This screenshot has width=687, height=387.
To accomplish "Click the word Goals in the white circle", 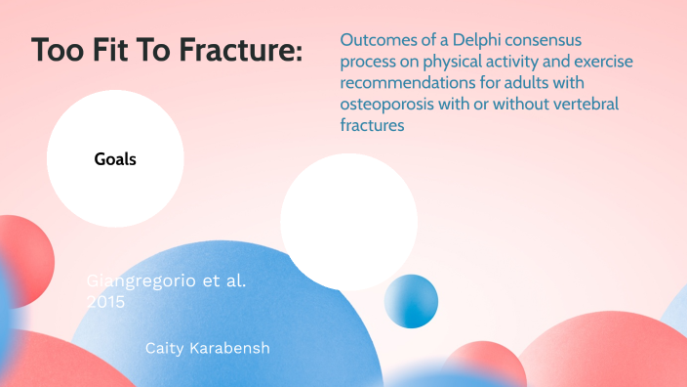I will (115, 159).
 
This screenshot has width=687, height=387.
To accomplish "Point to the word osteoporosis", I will (387, 105).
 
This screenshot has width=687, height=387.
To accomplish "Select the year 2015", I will (106, 303).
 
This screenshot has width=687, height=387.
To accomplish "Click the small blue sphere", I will (411, 301).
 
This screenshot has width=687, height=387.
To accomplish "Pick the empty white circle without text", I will (348, 221).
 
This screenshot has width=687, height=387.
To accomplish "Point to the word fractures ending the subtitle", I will (372, 126).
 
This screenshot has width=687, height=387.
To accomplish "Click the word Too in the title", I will (55, 50).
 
